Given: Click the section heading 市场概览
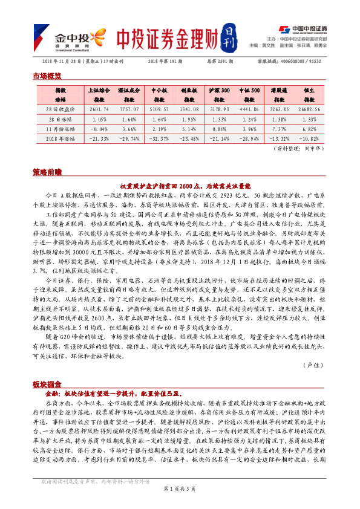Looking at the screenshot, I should click(x=47, y=76).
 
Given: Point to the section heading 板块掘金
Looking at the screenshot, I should click(x=47, y=384).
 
